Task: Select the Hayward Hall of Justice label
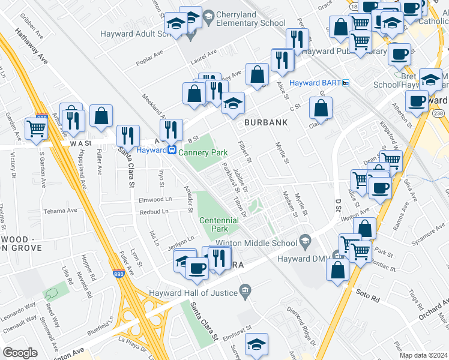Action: pyautogui.click(x=194, y=293)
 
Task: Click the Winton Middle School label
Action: pyautogui.click(x=256, y=242)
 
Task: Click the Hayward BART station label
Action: pyautogui.click(x=315, y=83)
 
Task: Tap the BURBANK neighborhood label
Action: pyautogui.click(x=266, y=122)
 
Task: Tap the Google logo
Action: pyautogui.click(x=20, y=353)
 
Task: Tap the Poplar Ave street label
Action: pyautogui.click(x=150, y=53)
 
